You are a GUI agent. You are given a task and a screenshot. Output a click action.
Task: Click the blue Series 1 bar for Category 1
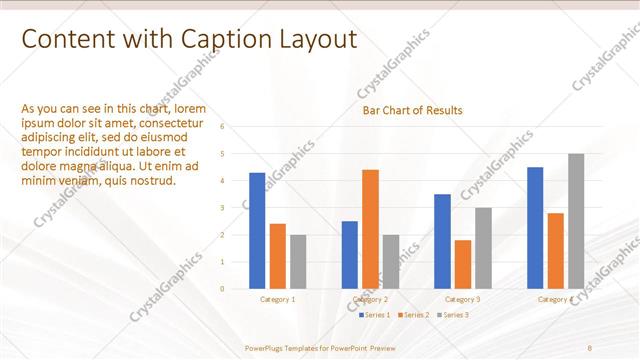[x=257, y=231]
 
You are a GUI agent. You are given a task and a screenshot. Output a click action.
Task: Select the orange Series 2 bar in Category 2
[x=370, y=229]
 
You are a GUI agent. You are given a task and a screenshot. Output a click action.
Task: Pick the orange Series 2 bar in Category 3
[x=462, y=264]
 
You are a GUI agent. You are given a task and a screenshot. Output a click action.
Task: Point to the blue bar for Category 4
[x=535, y=228]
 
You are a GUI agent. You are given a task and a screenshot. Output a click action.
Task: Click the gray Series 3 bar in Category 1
[x=298, y=262]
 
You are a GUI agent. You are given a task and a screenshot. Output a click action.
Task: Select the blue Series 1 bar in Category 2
[x=350, y=255]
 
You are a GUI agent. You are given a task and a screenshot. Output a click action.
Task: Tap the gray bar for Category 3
[x=483, y=248]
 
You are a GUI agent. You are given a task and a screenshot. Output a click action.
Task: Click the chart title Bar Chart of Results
[x=412, y=110]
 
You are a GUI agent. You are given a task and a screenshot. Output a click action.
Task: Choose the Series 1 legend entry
[x=376, y=315]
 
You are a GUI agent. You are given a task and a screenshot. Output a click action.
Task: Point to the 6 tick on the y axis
[x=236, y=127]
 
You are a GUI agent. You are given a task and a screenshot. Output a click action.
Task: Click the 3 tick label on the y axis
[x=236, y=208]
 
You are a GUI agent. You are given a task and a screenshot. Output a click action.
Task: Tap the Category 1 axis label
[x=277, y=300]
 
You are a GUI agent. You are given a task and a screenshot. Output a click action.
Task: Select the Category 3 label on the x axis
[x=462, y=300]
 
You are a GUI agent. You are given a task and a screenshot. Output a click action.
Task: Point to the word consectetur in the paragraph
[x=176, y=123]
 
